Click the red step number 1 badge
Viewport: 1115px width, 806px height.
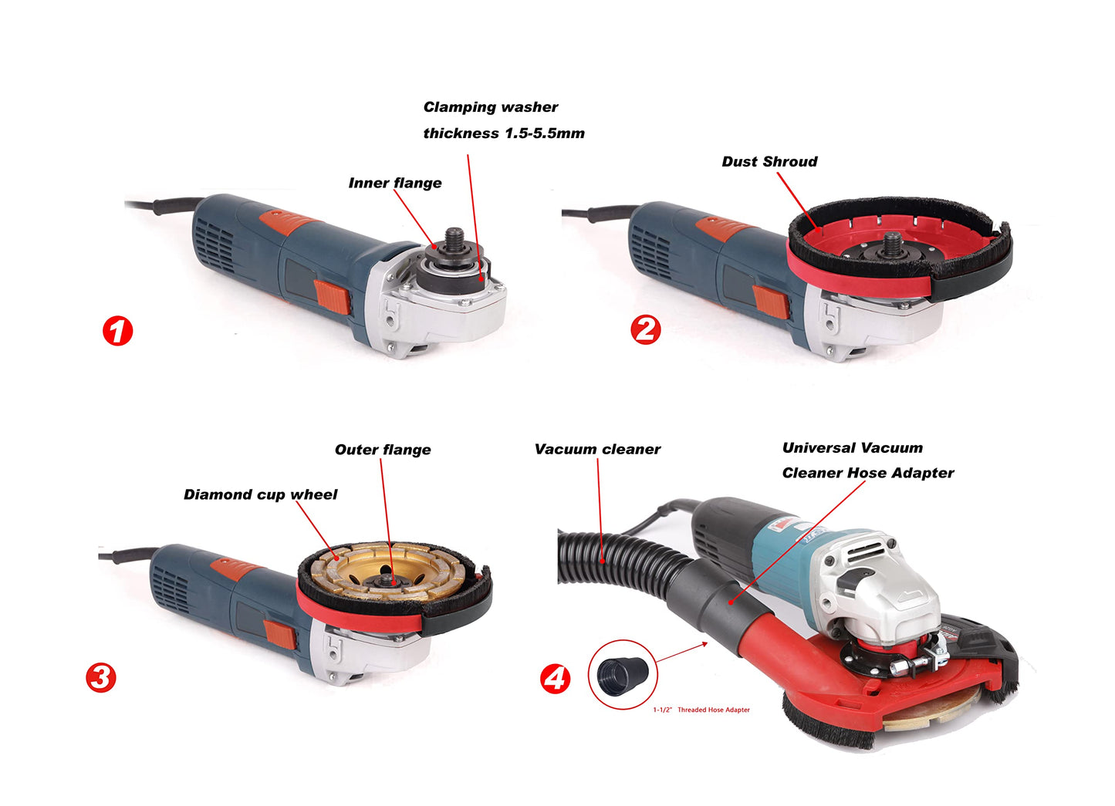117,332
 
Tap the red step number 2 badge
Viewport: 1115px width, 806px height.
646,329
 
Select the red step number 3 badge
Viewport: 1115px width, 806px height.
101,678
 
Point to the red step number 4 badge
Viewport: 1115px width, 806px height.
556,679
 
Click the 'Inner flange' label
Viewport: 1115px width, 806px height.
395,184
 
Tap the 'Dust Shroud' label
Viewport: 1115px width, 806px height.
769,162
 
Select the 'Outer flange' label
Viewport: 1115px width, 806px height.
383,450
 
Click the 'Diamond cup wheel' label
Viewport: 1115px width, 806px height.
260,494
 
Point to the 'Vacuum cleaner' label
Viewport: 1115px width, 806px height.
597,450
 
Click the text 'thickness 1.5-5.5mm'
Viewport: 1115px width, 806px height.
504,133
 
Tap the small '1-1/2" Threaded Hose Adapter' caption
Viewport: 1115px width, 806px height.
701,710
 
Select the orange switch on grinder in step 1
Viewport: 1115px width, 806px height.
332,296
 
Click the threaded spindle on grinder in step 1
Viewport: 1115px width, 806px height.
454,237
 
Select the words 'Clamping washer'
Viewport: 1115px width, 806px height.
491,107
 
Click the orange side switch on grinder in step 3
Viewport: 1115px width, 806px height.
279,635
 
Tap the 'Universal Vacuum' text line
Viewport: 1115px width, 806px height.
852,448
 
